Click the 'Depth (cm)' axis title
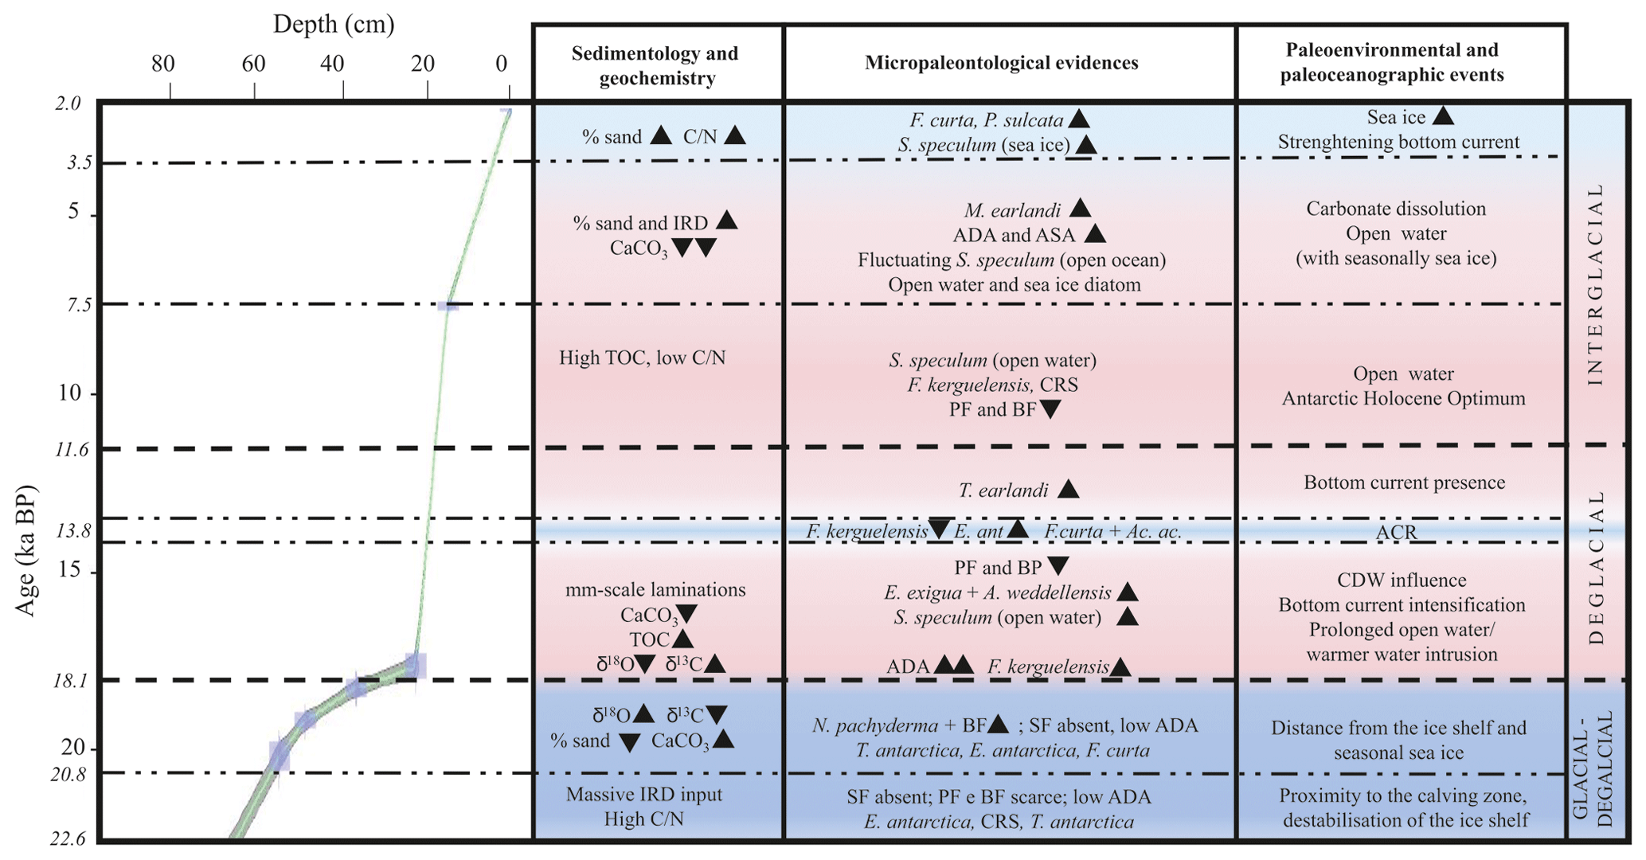click(334, 25)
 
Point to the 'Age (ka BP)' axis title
click(25, 549)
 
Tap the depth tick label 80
click(163, 64)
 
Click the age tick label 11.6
click(72, 450)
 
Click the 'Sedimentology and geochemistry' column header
click(655, 65)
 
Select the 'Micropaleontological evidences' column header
click(1001, 63)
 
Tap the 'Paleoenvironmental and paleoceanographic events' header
click(1392, 62)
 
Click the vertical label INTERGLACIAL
click(1594, 285)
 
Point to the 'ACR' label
click(1396, 532)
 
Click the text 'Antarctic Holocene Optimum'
click(1403, 398)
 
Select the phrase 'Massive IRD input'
click(644, 794)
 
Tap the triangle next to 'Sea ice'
click(1443, 116)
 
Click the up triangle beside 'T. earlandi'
click(1068, 489)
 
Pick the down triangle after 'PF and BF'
click(1050, 410)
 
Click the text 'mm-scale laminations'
click(655, 590)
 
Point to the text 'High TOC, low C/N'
click(642, 358)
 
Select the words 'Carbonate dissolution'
click(1396, 209)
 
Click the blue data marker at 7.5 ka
click(450, 306)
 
